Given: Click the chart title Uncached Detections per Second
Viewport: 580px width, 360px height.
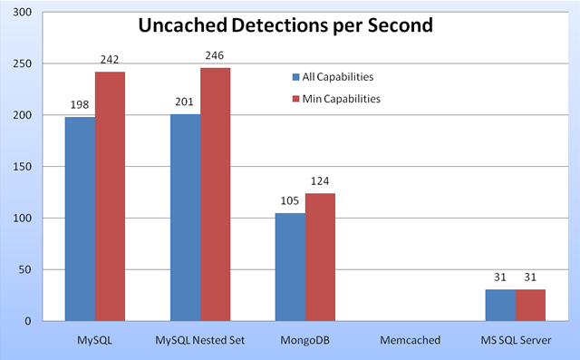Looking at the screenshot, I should click(285, 25).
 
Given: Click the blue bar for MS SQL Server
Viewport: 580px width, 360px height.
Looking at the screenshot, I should click(500, 305).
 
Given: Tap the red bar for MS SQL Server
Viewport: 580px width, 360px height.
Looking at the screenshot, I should click(530, 305).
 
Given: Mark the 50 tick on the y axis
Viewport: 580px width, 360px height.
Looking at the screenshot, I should click(23, 269).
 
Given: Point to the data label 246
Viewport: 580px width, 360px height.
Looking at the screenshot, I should click(216, 57).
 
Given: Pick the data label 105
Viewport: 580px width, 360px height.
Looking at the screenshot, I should click(290, 202).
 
